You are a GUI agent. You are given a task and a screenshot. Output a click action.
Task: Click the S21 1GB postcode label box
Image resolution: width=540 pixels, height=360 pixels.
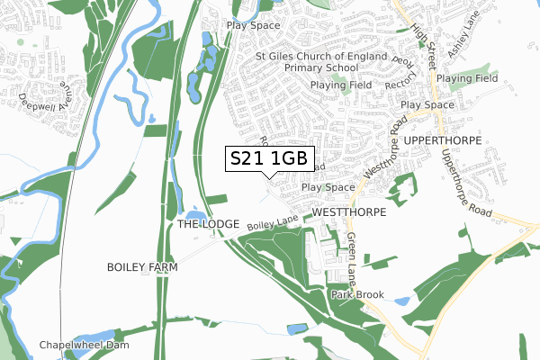click(268, 159)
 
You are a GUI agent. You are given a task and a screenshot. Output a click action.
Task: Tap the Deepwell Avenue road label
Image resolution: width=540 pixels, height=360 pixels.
click(40, 91)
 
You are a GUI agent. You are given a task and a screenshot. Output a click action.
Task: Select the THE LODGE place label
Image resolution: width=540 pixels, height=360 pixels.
click(208, 223)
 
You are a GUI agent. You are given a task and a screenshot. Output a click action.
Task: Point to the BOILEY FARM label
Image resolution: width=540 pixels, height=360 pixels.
click(142, 267)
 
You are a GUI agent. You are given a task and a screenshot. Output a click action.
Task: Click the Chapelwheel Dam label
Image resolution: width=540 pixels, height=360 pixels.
click(85, 345)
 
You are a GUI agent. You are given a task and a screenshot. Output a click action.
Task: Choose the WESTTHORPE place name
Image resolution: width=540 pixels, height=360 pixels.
click(349, 211)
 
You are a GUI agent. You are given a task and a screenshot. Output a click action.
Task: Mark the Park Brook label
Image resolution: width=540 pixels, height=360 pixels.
click(357, 294)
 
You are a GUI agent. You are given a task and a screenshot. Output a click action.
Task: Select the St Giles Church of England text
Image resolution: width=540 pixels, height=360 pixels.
click(321, 56)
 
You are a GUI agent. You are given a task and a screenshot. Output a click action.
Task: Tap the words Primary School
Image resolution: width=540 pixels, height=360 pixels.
click(321, 67)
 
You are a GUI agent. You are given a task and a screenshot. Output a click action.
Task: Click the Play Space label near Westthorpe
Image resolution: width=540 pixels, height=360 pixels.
click(328, 187)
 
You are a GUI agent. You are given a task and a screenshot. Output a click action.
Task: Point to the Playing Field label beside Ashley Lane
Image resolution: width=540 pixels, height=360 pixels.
click(467, 79)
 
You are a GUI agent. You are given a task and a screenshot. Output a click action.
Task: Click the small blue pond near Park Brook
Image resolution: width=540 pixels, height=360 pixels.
click(401, 300)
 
